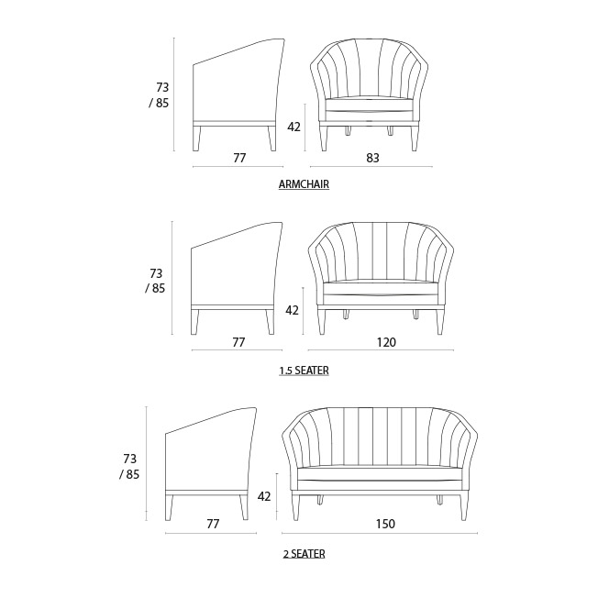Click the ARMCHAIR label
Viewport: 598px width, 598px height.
tap(304, 184)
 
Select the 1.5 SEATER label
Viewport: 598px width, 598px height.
tap(304, 371)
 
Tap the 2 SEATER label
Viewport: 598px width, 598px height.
tap(304, 554)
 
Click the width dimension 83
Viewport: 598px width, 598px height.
tap(372, 158)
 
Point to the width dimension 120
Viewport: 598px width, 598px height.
tap(385, 342)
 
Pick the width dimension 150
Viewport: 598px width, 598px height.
tap(384, 525)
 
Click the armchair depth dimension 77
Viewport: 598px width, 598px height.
tap(239, 158)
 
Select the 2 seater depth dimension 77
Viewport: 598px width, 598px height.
tap(213, 525)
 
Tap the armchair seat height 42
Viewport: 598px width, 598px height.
tap(293, 127)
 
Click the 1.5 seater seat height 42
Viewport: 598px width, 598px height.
tap(292, 311)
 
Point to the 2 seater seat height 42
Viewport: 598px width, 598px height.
tap(264, 496)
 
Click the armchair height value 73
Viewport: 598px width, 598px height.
tap(162, 87)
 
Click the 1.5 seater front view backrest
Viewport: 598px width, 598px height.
tap(382, 252)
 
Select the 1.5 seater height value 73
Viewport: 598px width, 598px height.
tap(156, 273)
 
